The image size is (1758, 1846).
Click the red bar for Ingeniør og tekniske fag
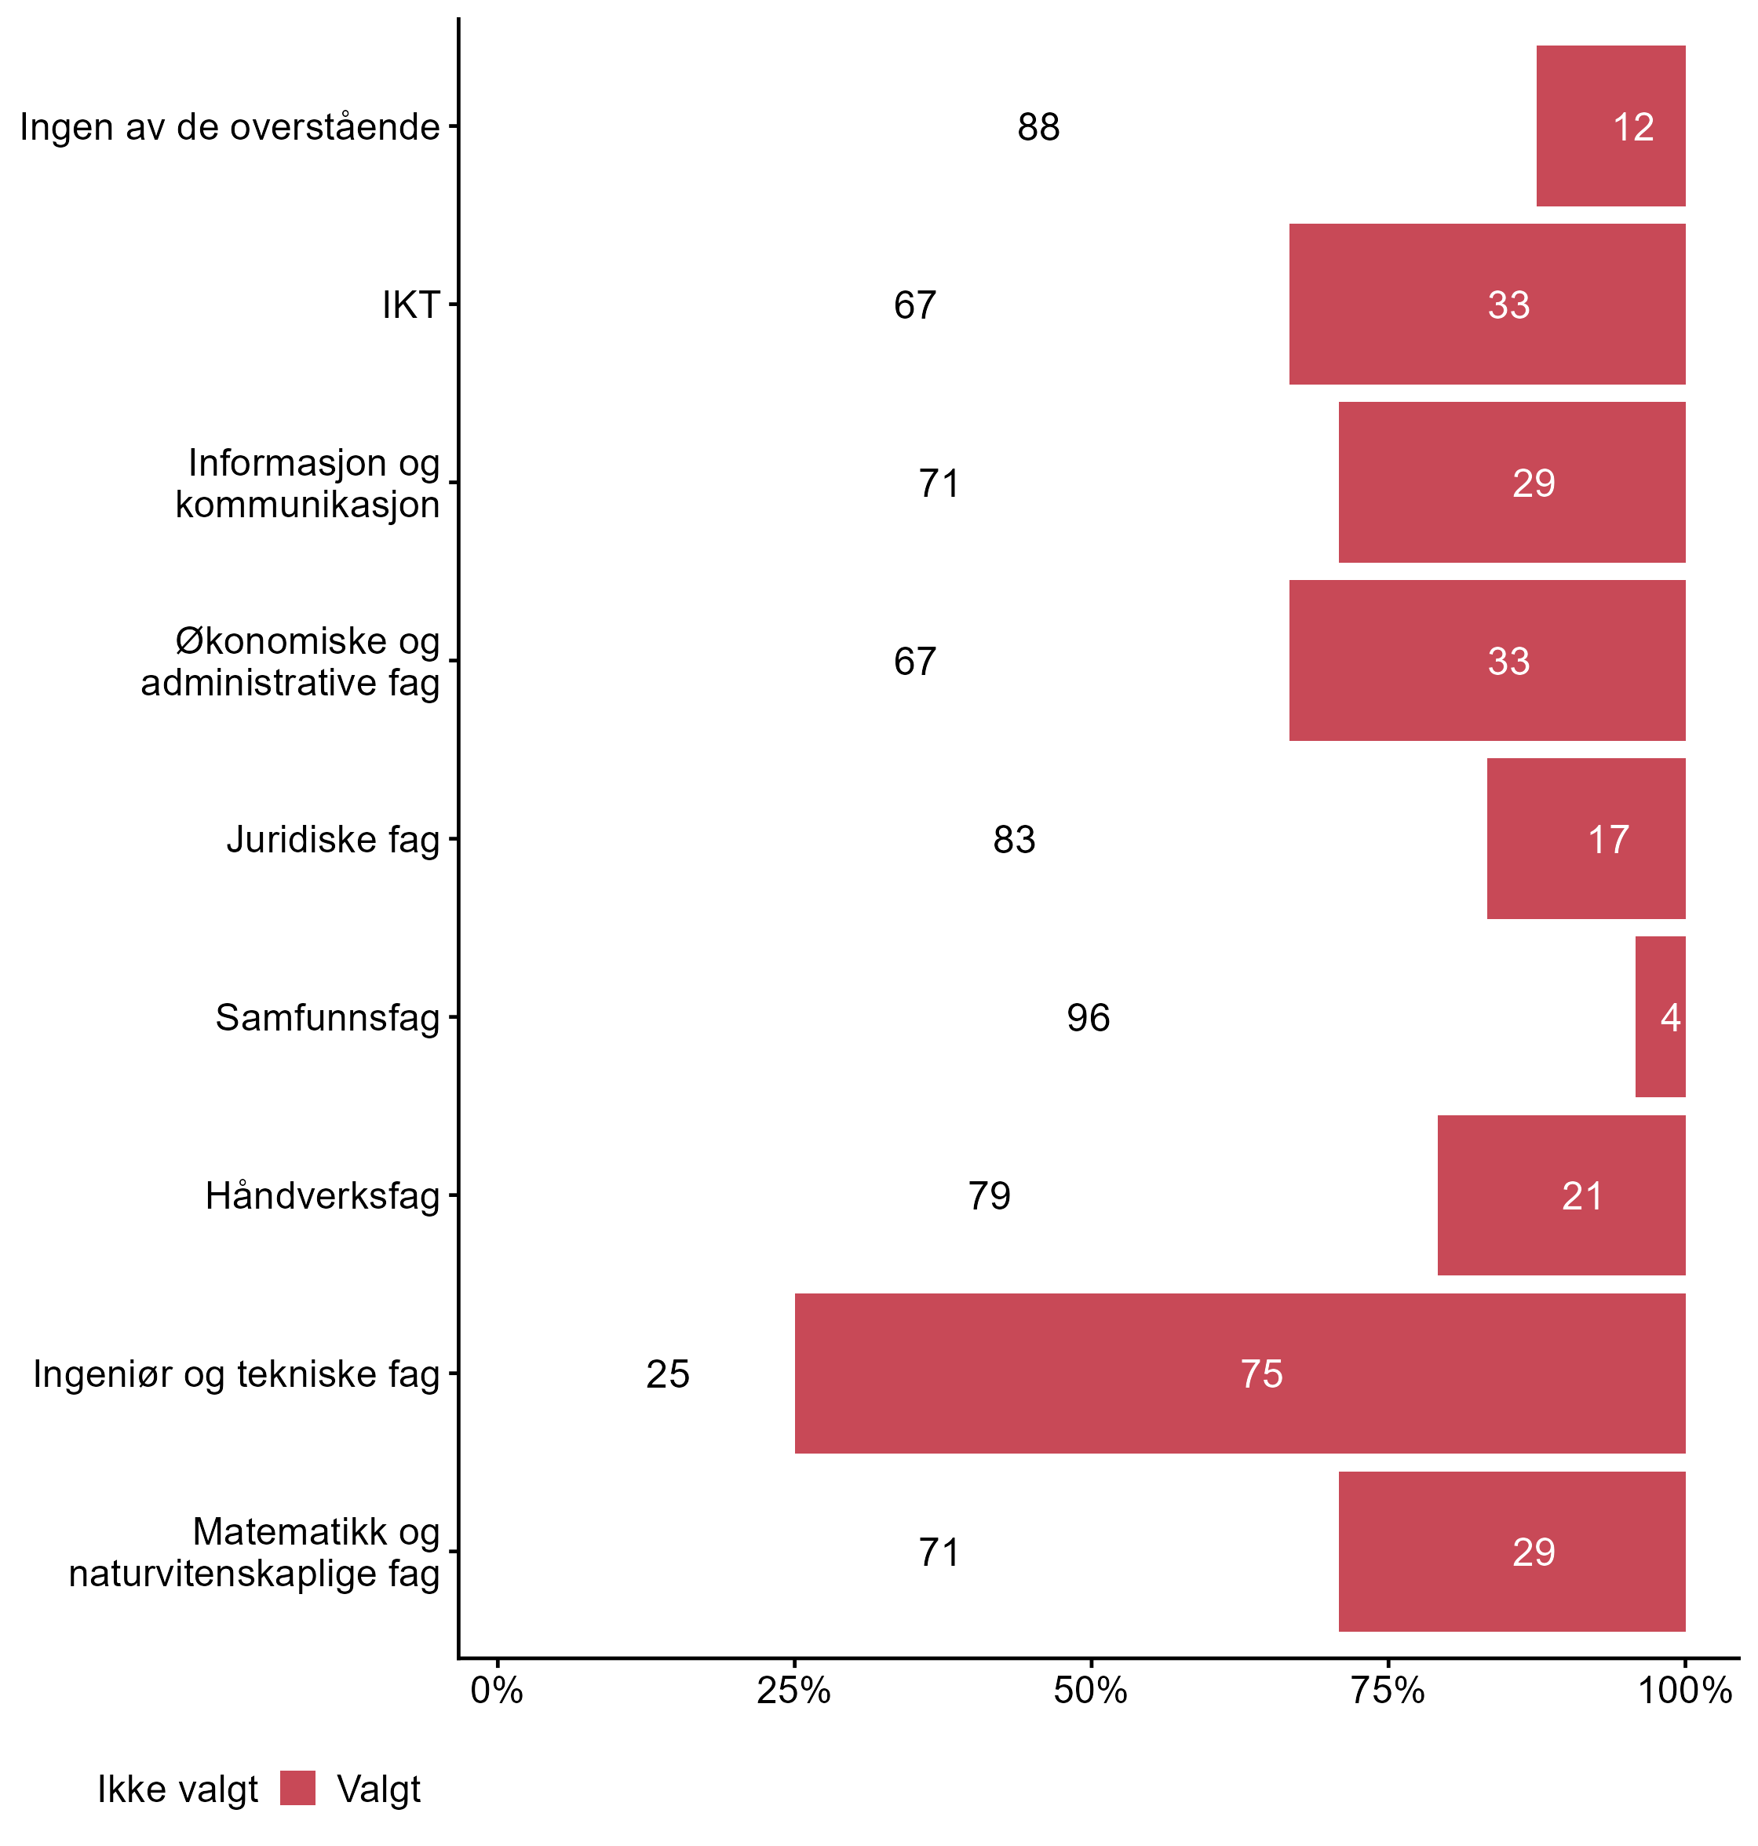click(x=1239, y=1373)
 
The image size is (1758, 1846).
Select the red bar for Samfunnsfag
click(x=1660, y=1016)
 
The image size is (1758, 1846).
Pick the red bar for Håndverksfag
click(x=1560, y=1195)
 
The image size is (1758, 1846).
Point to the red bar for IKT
click(x=1486, y=304)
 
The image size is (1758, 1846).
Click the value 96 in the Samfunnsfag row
click(x=1088, y=1018)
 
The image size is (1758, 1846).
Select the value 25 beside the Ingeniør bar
click(x=667, y=1374)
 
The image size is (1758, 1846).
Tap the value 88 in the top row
click(x=1038, y=126)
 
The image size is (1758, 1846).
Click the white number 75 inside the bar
click(x=1261, y=1374)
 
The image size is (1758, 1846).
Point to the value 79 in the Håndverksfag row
click(x=989, y=1195)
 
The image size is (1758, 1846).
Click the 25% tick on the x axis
click(x=793, y=1691)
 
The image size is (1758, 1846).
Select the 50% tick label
click(x=1090, y=1691)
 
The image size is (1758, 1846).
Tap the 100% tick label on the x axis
click(x=1684, y=1691)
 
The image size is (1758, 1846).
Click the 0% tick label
click(x=497, y=1691)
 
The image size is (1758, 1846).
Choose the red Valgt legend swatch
click(x=298, y=1788)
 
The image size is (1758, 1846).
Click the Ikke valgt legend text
click(x=177, y=1789)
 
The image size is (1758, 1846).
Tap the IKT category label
click(x=410, y=305)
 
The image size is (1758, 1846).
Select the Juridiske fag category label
click(x=333, y=839)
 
